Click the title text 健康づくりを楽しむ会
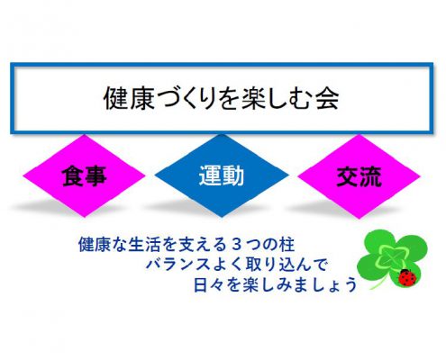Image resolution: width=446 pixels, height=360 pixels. [221, 98]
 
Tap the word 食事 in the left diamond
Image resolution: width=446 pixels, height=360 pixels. [85, 176]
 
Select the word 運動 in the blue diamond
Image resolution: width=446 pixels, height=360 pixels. [222, 175]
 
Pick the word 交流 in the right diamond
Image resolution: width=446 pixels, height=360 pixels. [360, 176]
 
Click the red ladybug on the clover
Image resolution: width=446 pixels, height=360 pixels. [407, 277]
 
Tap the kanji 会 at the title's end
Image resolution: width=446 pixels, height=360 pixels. [327, 98]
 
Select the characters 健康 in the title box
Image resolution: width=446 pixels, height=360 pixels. [129, 98]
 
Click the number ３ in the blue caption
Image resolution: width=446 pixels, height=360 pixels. [237, 245]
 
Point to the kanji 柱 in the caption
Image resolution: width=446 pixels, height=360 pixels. [287, 245]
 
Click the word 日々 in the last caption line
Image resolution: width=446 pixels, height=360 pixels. [208, 285]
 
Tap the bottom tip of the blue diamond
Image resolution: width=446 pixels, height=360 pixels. [222, 217]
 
